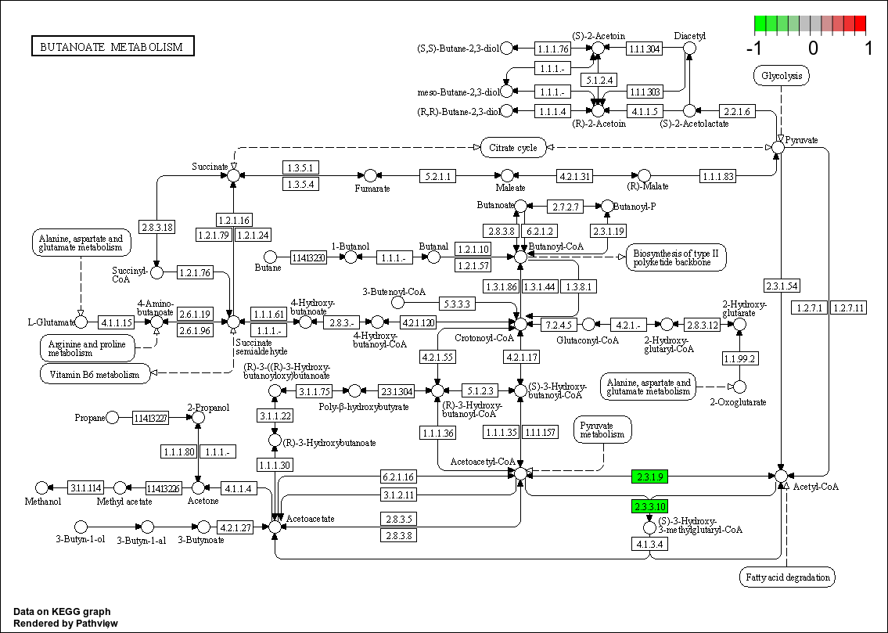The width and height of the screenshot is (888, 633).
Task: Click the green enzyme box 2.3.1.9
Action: pyautogui.click(x=649, y=477)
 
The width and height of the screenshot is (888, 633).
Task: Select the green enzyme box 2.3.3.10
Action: pyautogui.click(x=649, y=506)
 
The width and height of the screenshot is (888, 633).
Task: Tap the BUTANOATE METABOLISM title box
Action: pyautogui.click(x=113, y=47)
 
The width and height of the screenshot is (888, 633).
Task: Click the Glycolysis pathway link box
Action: pyautogui.click(x=781, y=76)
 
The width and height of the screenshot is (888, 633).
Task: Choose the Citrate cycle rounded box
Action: pyautogui.click(x=513, y=147)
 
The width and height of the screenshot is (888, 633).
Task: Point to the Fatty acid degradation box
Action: pyautogui.click(x=787, y=577)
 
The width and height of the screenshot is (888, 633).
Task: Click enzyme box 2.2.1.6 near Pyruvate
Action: pyautogui.click(x=736, y=112)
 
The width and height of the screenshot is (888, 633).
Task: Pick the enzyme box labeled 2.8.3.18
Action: pyautogui.click(x=157, y=228)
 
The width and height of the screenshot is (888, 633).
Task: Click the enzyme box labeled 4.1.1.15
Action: pyautogui.click(x=116, y=322)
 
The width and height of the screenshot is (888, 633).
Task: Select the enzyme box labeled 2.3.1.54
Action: pyautogui.click(x=782, y=286)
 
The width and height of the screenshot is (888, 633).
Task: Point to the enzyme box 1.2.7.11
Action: pyautogui.click(x=849, y=308)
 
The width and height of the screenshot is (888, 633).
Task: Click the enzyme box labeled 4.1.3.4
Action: pyautogui.click(x=649, y=544)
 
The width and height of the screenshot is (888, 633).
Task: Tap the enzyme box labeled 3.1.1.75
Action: pyautogui.click(x=315, y=390)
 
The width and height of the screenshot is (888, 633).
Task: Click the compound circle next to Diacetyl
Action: pyautogui.click(x=689, y=49)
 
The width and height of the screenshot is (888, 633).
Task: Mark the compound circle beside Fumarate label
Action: pyautogui.click(x=371, y=176)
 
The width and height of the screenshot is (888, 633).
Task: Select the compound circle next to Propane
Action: pyautogui.click(x=113, y=418)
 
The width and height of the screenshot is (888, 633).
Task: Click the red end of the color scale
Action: pyautogui.click(x=860, y=23)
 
